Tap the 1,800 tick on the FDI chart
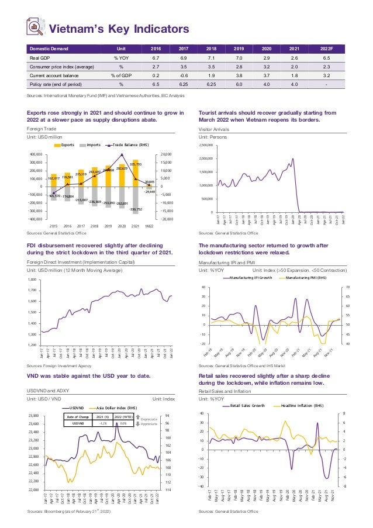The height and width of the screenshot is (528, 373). (32, 280)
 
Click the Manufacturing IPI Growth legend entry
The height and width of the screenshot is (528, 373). (248, 278)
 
